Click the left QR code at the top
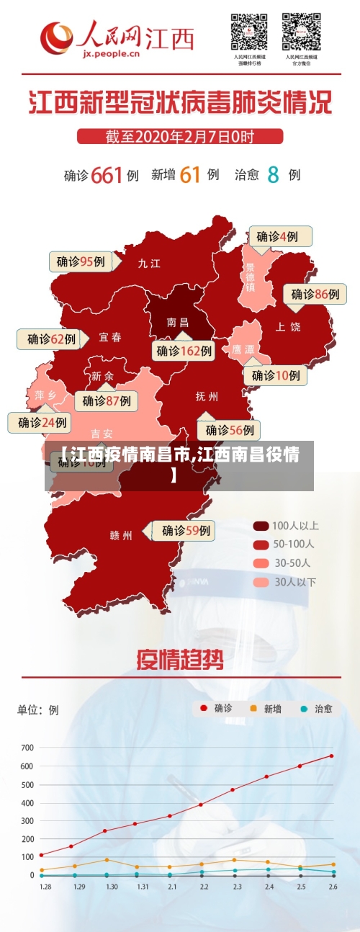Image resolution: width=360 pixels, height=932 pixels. (249, 31)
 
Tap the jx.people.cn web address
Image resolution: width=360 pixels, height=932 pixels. (111, 53)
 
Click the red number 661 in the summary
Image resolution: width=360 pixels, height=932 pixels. (107, 174)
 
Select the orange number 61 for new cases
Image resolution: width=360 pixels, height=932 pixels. (190, 174)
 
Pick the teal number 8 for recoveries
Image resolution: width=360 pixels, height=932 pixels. (274, 174)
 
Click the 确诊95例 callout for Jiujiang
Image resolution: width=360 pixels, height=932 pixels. (81, 261)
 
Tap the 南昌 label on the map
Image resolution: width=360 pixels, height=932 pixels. (177, 322)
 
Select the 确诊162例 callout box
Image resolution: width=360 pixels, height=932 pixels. (184, 351)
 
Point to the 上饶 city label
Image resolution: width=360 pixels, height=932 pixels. (288, 326)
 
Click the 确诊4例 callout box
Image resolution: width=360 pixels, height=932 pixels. (280, 236)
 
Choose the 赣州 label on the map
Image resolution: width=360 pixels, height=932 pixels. (121, 535)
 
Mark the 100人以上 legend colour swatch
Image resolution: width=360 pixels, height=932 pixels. (261, 526)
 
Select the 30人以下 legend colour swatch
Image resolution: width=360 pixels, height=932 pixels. (261, 581)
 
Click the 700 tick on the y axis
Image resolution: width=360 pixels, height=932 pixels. (27, 748)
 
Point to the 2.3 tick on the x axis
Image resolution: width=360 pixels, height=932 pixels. (237, 887)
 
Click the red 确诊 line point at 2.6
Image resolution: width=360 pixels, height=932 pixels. (331, 756)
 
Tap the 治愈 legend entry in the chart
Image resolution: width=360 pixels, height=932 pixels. (316, 709)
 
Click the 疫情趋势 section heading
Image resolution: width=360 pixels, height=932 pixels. (179, 660)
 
